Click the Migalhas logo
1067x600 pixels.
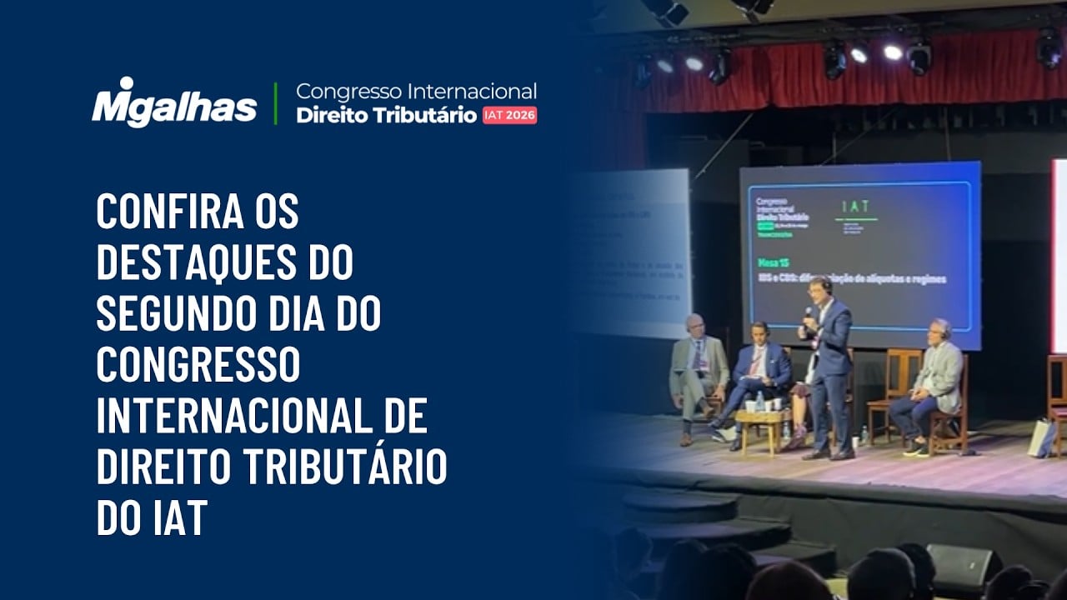[174, 102]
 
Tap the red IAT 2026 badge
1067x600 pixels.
[509, 115]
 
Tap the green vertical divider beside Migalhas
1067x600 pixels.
[276, 102]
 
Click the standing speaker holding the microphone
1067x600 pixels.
[827, 367]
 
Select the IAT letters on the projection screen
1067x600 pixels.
[856, 205]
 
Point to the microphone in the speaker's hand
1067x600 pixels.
[808, 316]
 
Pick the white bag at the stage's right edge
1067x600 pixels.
[1041, 437]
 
